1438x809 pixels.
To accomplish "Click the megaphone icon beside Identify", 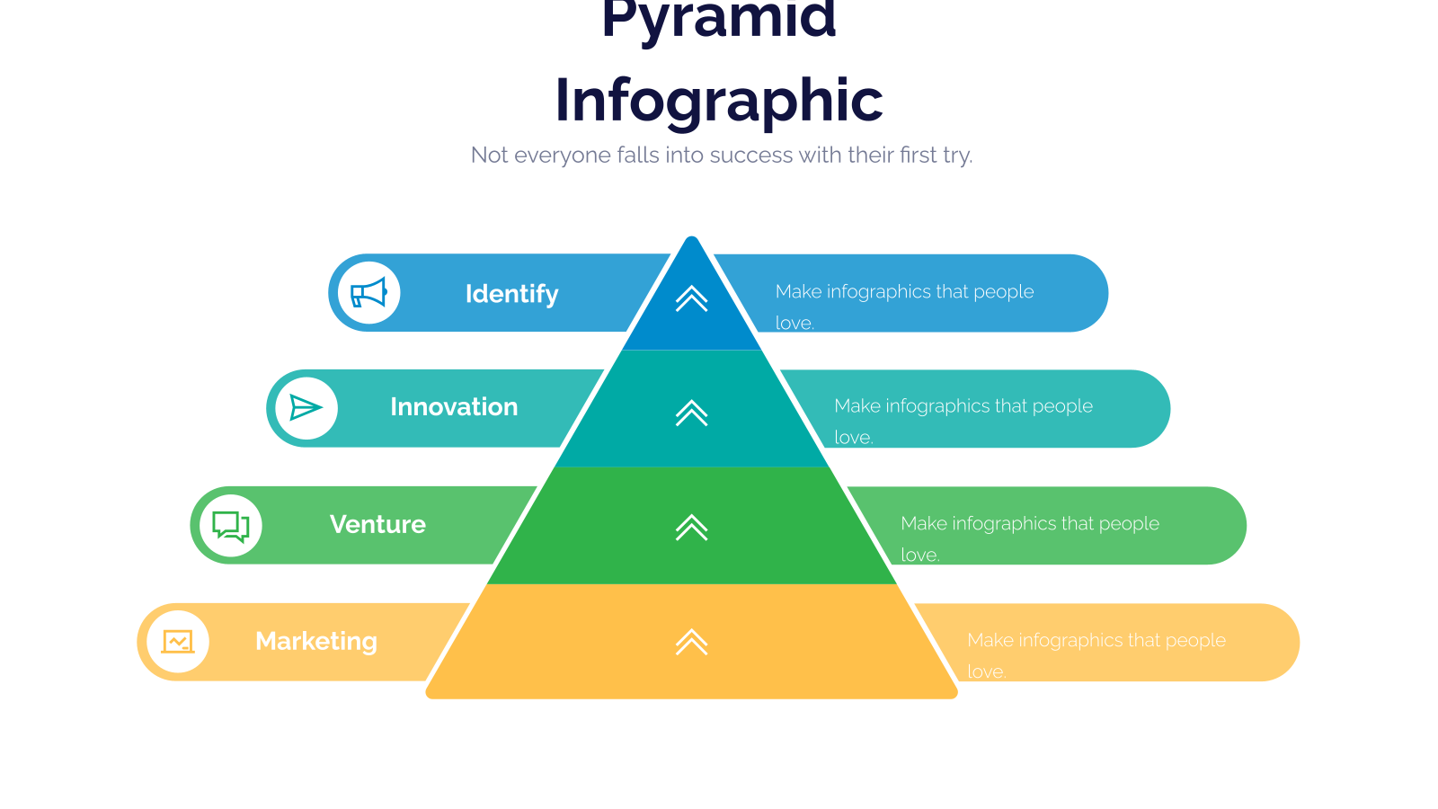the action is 368,293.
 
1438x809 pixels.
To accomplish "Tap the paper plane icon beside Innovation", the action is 306,408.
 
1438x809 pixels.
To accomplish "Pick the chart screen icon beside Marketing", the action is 178,642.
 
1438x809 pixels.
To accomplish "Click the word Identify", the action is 511,294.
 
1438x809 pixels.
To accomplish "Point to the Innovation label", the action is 454,407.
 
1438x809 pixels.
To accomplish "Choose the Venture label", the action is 377,525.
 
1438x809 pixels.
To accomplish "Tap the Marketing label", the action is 315,642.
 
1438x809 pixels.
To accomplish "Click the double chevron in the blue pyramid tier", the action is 691,298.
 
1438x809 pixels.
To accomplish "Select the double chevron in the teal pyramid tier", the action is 691,413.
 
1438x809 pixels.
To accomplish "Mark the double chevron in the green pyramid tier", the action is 691,528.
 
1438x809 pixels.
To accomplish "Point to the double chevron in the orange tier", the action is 691,642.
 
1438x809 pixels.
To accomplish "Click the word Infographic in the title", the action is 719,102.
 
